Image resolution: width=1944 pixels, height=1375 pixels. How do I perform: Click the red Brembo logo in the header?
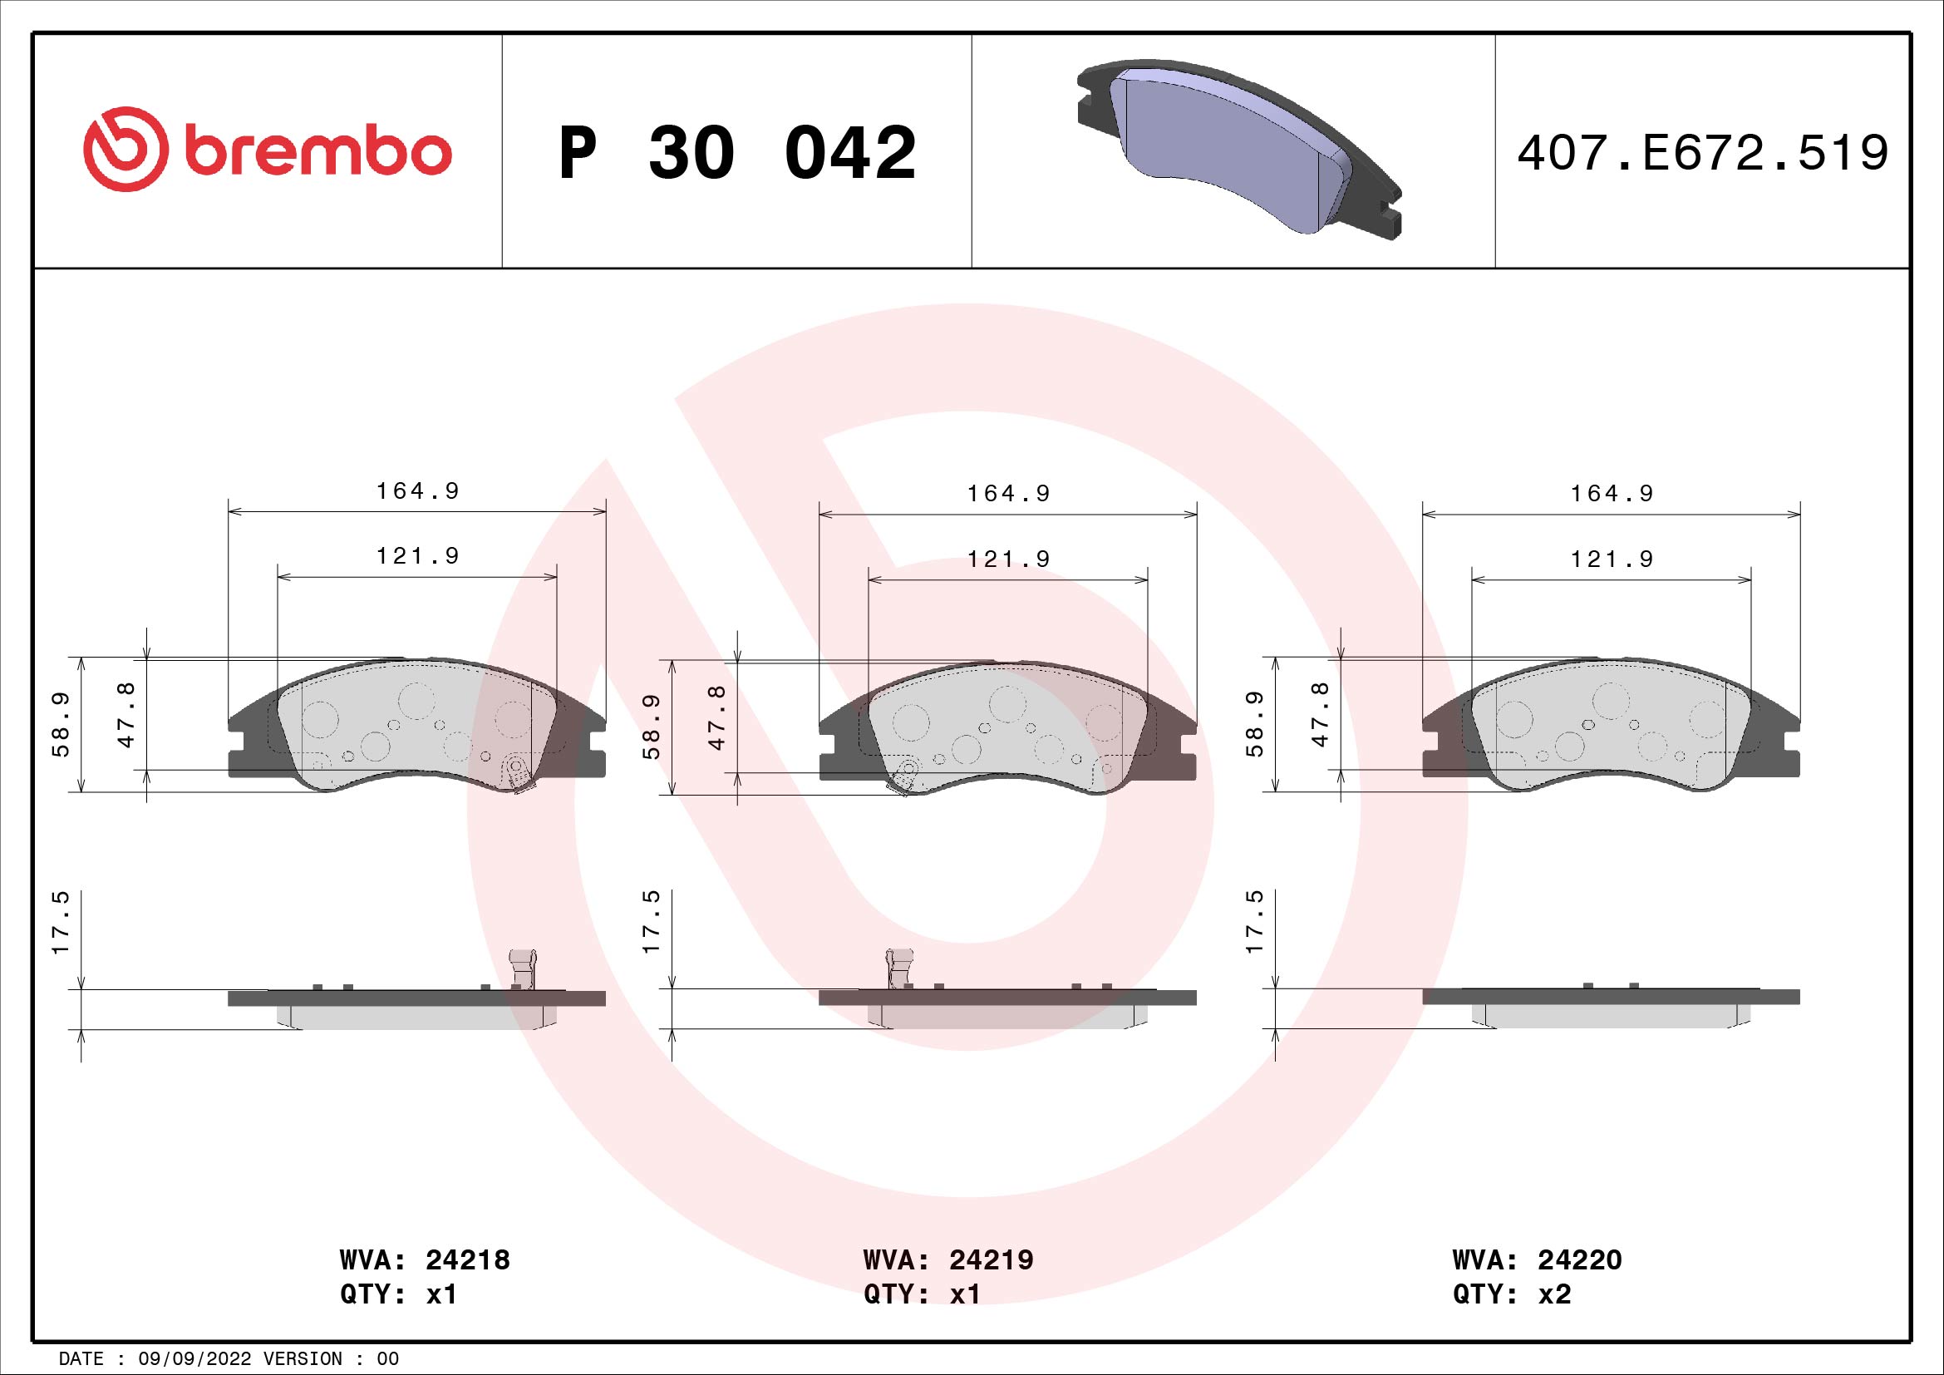pos(267,149)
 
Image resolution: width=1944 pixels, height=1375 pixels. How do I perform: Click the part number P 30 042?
pos(737,153)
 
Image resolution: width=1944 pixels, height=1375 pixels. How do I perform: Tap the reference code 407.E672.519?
pos(1703,153)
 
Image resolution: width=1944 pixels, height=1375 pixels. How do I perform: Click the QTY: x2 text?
pos(1511,1294)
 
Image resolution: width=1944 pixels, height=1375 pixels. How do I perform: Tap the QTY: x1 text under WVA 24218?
pos(399,1294)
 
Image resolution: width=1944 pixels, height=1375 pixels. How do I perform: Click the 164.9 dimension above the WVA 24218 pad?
pos(417,491)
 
